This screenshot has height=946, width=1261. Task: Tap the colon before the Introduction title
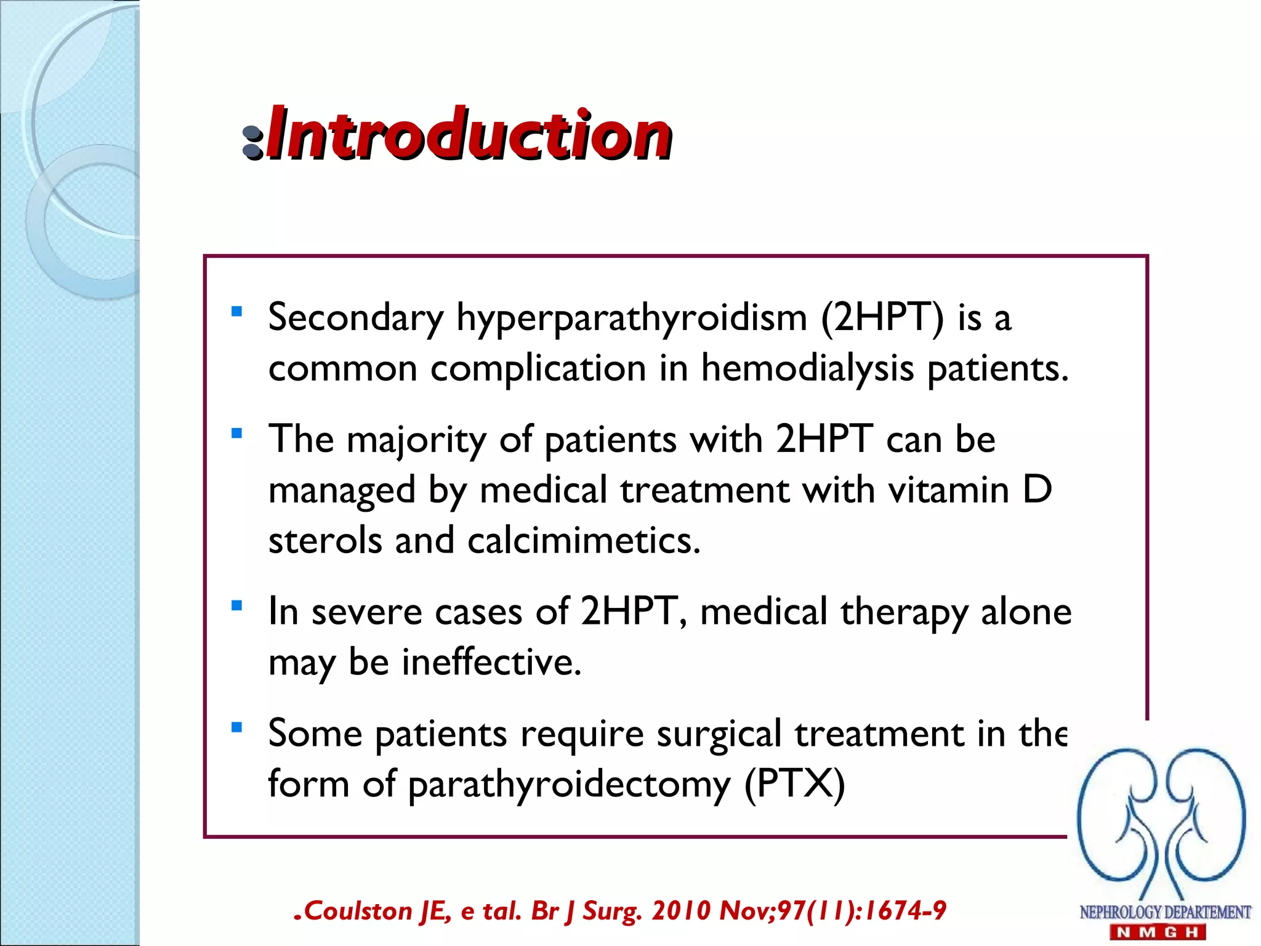tap(252, 142)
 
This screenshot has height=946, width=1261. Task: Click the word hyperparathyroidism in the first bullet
tap(631, 319)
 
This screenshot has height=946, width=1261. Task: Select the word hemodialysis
tap(807, 369)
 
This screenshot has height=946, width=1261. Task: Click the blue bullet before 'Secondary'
tap(236, 311)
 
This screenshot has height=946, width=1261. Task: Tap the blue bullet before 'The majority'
tap(236, 434)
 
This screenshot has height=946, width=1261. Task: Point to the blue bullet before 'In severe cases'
tap(236, 605)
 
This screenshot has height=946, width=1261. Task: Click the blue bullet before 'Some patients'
tap(236, 728)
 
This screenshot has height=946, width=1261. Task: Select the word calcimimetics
tap(583, 541)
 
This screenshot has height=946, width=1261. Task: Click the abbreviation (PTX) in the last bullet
tap(794, 784)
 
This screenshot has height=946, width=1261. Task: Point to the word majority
tap(416, 442)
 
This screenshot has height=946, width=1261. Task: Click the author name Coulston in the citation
tap(358, 911)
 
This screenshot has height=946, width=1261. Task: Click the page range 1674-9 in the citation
tap(904, 911)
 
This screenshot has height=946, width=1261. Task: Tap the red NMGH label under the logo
tap(1158, 932)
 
